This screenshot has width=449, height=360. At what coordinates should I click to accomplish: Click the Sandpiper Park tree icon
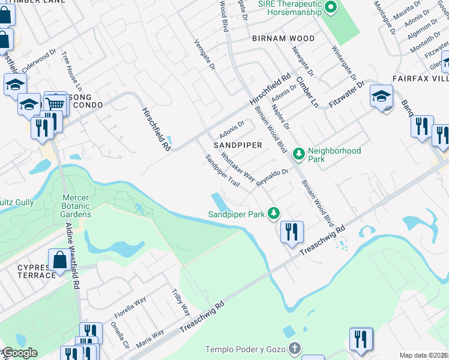[x=274, y=213]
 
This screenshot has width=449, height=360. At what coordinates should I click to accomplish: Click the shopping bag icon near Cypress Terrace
[x=61, y=262]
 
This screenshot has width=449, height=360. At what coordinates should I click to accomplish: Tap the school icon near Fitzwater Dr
[x=381, y=96]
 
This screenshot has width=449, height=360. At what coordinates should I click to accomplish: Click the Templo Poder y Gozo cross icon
[x=294, y=349]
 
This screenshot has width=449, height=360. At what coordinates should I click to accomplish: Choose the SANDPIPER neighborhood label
[x=238, y=145]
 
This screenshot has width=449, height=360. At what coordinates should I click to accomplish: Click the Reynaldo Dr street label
[x=273, y=178]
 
